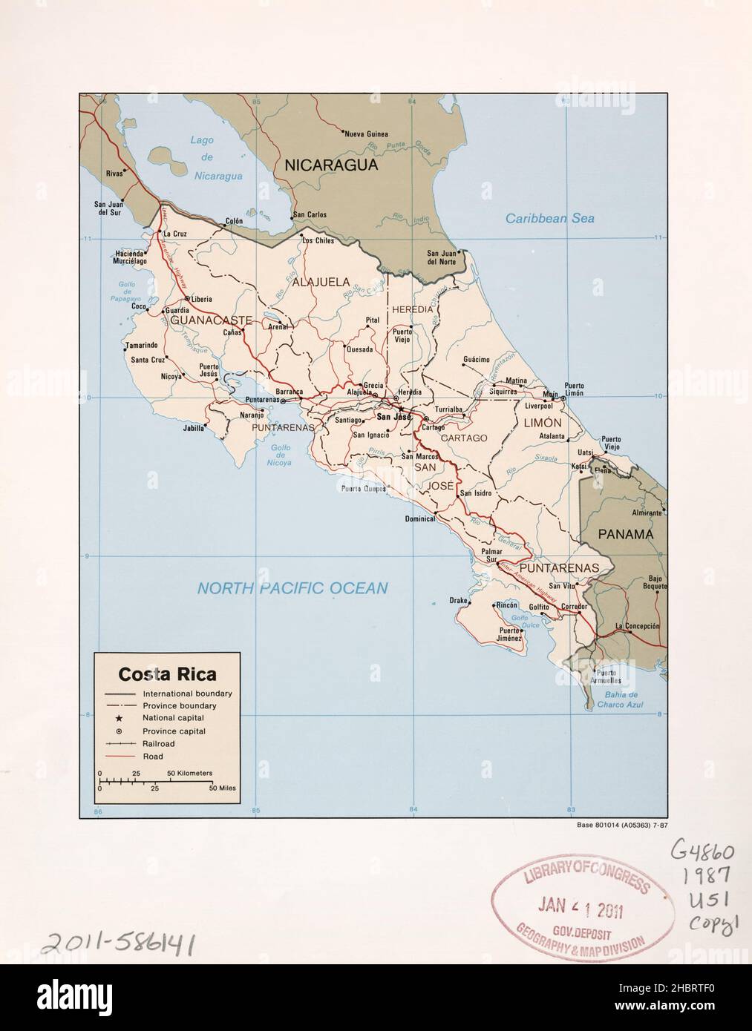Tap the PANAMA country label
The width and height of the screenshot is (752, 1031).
(626, 534)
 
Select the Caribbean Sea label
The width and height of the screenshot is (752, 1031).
(549, 219)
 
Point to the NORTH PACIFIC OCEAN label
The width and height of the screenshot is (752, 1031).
(292, 588)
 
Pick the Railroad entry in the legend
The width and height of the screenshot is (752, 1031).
(158, 743)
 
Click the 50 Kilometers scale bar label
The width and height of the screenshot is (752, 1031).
(189, 773)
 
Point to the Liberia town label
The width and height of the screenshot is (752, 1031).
(202, 300)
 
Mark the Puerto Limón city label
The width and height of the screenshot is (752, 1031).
(574, 389)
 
